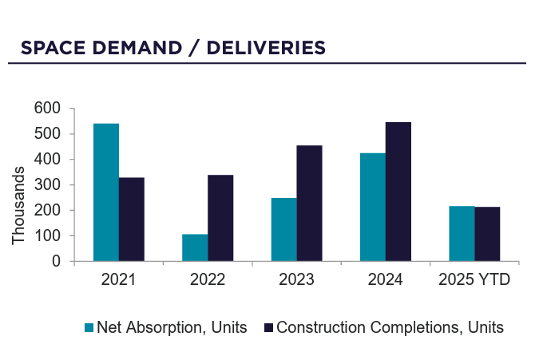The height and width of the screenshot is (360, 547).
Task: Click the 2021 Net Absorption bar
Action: click(x=106, y=192)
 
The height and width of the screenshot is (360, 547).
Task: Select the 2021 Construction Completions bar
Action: click(x=132, y=220)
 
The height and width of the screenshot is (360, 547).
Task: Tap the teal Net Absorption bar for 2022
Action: click(x=195, y=247)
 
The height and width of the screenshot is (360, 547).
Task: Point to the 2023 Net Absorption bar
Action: click(x=283, y=229)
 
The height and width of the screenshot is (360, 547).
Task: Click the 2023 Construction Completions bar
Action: click(x=309, y=204)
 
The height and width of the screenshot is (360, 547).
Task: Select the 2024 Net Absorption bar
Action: click(x=373, y=207)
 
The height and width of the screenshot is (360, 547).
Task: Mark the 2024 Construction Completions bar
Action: click(x=398, y=192)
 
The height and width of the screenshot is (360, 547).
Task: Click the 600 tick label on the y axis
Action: click(x=48, y=109)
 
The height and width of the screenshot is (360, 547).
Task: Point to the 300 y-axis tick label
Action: click(x=48, y=185)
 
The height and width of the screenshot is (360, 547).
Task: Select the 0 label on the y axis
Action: click(x=56, y=261)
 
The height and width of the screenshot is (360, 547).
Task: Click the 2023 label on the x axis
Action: click(x=296, y=280)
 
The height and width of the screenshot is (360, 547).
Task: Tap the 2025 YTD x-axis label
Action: click(x=474, y=280)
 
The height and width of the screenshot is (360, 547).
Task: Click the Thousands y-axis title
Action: click(x=18, y=211)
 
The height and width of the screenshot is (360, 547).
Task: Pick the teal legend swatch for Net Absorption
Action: click(x=89, y=327)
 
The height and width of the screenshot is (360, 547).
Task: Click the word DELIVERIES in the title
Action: click(x=266, y=48)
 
